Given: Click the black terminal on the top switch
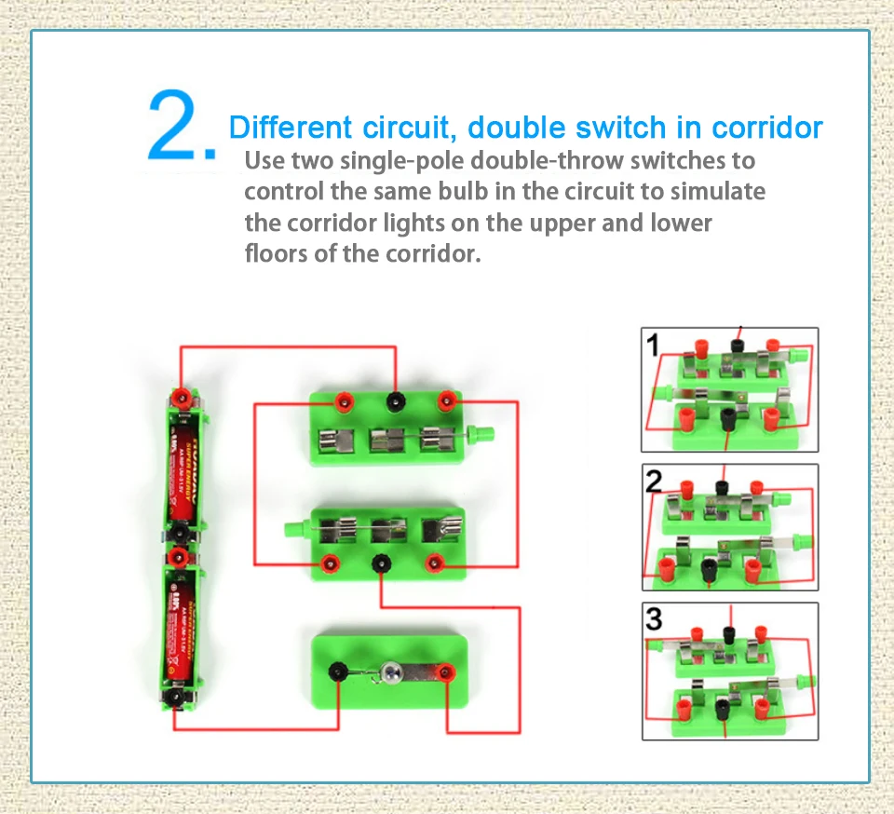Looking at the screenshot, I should [x=397, y=402].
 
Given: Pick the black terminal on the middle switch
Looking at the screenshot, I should [x=380, y=563].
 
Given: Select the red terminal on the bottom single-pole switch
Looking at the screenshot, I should [x=447, y=671].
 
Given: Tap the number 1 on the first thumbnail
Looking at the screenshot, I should [x=654, y=346].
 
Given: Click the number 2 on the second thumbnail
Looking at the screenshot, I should [x=655, y=481].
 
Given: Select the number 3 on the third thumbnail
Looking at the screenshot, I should [x=655, y=618].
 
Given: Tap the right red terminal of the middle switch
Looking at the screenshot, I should [x=433, y=563].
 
